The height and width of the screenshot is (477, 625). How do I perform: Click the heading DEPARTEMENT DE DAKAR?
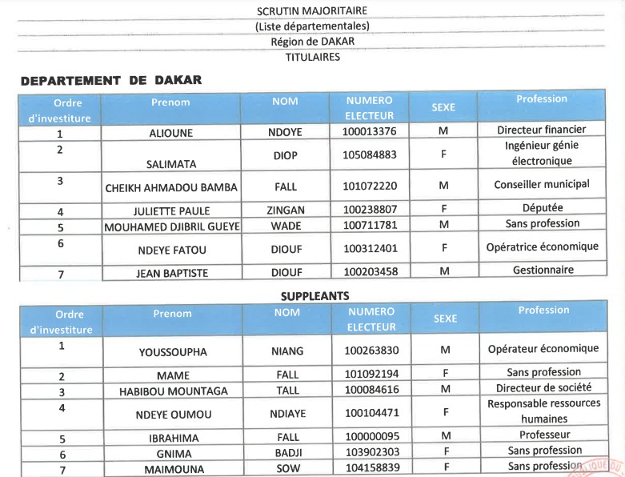click(111, 80)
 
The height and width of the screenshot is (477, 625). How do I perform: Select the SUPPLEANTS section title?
click(315, 296)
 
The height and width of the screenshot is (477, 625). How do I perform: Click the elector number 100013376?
click(369, 131)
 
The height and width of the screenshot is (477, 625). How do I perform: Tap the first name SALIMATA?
click(171, 164)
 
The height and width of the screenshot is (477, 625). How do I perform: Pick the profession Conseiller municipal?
click(542, 184)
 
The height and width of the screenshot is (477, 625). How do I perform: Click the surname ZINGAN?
click(286, 210)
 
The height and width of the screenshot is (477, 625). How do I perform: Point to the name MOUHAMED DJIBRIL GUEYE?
click(172, 226)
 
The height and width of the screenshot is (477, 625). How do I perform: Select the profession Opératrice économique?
click(542, 247)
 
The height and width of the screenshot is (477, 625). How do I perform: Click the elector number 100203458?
click(369, 272)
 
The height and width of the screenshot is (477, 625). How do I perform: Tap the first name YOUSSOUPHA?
click(173, 351)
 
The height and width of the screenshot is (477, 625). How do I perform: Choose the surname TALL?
click(287, 391)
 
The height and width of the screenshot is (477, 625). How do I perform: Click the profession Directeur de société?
click(543, 388)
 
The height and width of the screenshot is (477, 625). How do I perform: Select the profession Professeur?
click(544, 435)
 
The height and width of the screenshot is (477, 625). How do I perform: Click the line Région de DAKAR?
click(312, 42)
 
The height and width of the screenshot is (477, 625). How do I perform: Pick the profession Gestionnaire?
click(543, 271)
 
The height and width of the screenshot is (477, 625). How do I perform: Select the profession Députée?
click(543, 208)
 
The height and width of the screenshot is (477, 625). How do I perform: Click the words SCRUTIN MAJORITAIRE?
click(312, 11)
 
